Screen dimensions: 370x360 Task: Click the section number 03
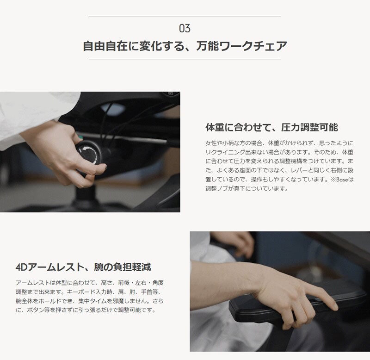click(x=185, y=28)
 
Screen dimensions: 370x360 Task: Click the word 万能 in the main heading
click(x=207, y=46)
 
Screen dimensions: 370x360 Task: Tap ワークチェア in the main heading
click(x=253, y=46)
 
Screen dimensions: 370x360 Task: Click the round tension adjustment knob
click(x=89, y=155)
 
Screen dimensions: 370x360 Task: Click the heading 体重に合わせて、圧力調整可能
click(x=271, y=127)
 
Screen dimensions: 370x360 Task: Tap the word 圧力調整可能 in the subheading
click(x=309, y=127)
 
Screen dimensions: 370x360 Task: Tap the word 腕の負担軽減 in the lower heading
click(x=122, y=267)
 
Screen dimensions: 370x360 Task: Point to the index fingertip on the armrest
click(x=334, y=306)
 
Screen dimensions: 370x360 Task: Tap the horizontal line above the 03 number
click(x=185, y=16)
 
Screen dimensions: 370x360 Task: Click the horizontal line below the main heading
click(x=185, y=59)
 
